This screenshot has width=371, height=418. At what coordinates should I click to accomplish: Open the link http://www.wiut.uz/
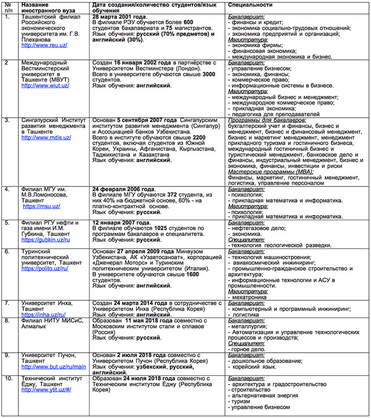(45, 86)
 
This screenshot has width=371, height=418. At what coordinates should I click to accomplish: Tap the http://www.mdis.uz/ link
(46, 137)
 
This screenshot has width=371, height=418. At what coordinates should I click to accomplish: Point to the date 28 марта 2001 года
(119, 17)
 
